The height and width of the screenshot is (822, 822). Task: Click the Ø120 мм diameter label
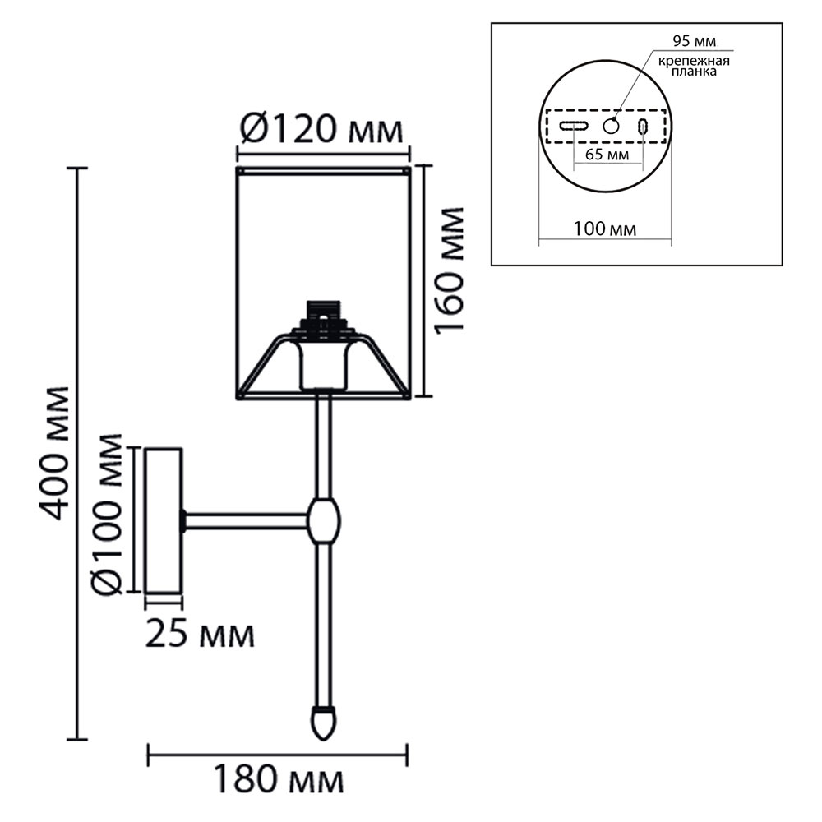[322, 130]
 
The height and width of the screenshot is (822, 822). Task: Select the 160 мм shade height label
[450, 269]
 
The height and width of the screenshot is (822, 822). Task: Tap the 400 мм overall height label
[54, 454]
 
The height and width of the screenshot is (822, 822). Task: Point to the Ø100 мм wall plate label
[106, 515]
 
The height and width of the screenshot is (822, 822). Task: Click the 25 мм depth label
[200, 635]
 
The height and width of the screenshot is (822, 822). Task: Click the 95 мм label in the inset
[694, 41]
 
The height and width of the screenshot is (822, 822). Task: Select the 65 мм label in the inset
[607, 155]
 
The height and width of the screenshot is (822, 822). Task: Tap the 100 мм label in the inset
[604, 229]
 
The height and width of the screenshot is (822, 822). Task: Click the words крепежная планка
[694, 66]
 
